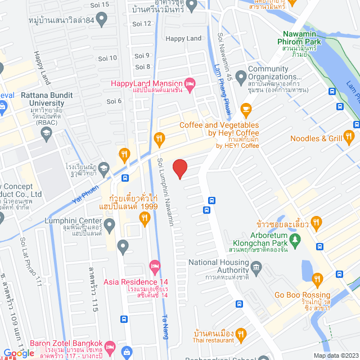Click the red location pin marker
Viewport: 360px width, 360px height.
point(180,168)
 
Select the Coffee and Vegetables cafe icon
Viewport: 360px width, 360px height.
point(246,109)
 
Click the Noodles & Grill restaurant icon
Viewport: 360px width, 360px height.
point(349,136)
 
